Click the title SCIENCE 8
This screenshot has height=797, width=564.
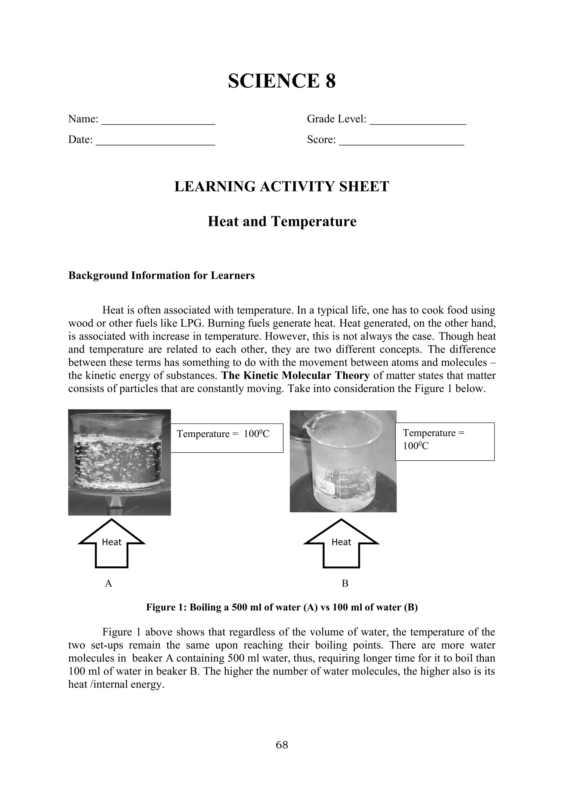(282, 81)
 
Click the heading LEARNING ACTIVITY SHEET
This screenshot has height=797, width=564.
(282, 186)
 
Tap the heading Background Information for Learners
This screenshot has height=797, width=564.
(161, 275)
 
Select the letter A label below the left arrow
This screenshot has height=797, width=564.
(108, 583)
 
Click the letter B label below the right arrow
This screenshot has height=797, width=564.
(345, 583)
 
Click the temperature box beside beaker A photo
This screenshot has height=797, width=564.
(227, 438)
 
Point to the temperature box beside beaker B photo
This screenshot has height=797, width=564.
(444, 441)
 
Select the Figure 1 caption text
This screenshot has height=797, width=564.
(282, 607)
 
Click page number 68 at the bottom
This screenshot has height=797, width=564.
(282, 745)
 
